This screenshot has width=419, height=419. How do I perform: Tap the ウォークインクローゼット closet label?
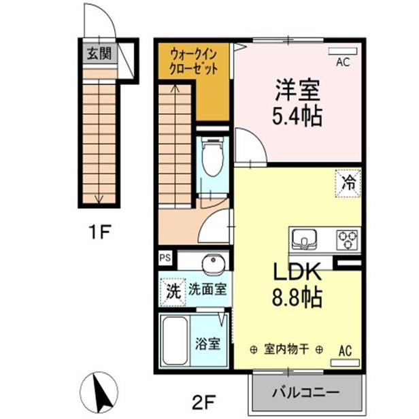coord(195,61)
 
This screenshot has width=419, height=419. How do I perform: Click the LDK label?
coord(297,271)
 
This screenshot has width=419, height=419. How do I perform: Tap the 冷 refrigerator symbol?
coord(348,182)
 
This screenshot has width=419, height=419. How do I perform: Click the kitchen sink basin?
coord(301,239)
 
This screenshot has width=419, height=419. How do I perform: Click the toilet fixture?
coord(212,161)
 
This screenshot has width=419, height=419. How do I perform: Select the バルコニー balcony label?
coord(306,394)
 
